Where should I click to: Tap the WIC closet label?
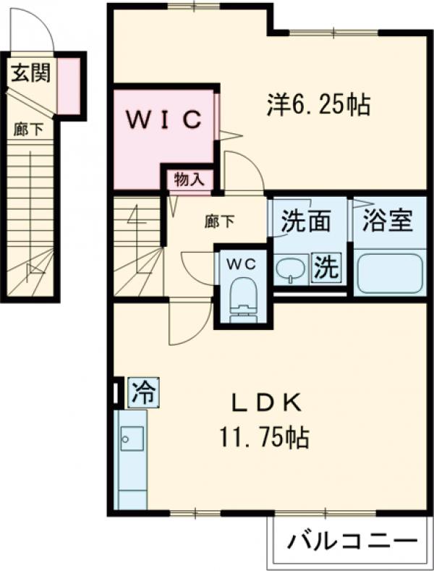click(x=165, y=120)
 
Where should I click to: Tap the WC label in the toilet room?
click(x=243, y=265)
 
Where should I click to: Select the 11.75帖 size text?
click(x=265, y=437)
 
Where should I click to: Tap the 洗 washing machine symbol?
click(x=326, y=269)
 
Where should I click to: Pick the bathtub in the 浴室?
click(x=390, y=274)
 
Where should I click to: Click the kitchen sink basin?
click(x=132, y=439)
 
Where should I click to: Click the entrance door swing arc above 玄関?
click(x=37, y=29)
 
